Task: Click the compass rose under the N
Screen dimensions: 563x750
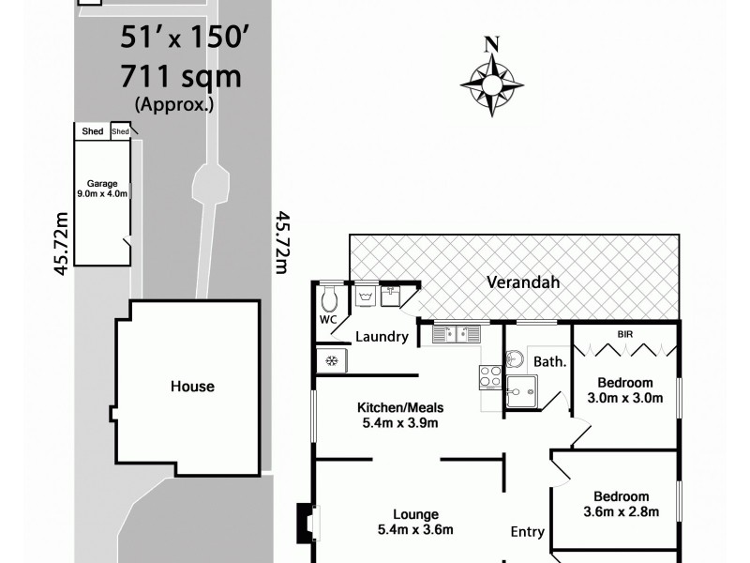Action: [x=491, y=84]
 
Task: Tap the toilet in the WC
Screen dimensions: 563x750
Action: [x=327, y=299]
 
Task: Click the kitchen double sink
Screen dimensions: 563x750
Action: [x=457, y=332]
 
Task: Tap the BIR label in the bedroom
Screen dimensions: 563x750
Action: [x=625, y=333]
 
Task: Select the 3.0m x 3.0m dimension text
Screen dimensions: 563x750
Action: [x=625, y=398]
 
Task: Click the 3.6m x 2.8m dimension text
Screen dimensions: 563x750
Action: [x=621, y=511]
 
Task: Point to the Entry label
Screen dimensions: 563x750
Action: [x=527, y=532]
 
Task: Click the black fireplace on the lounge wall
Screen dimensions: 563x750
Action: [x=305, y=524]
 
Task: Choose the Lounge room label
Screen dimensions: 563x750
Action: [x=416, y=514]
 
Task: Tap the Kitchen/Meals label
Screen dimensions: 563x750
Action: [x=399, y=407]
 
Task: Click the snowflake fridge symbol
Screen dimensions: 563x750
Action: [x=331, y=359]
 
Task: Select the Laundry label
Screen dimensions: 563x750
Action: [x=382, y=337]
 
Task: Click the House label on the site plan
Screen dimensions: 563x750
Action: [x=192, y=386]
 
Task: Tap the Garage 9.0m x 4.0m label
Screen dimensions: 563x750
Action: [x=101, y=189]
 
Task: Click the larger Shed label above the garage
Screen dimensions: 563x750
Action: [x=92, y=132]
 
